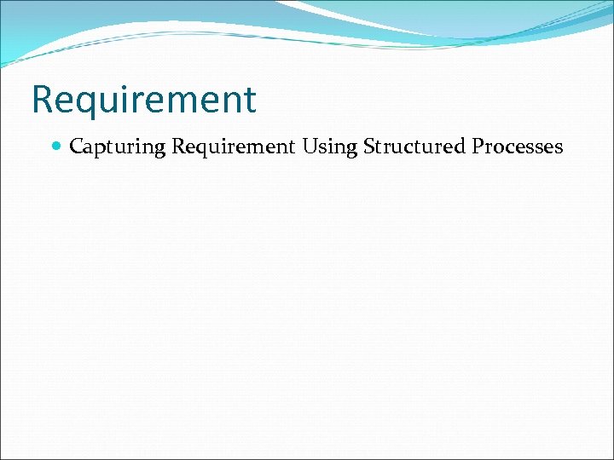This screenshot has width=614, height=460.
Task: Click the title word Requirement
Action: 143,100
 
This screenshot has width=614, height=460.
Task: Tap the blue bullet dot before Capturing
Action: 56,147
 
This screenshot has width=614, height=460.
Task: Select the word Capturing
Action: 117,147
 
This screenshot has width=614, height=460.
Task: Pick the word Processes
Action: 517,147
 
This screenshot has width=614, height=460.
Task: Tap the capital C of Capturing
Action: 76,147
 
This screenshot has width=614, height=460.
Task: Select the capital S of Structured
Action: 368,147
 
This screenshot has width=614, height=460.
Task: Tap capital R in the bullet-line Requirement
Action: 177,147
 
